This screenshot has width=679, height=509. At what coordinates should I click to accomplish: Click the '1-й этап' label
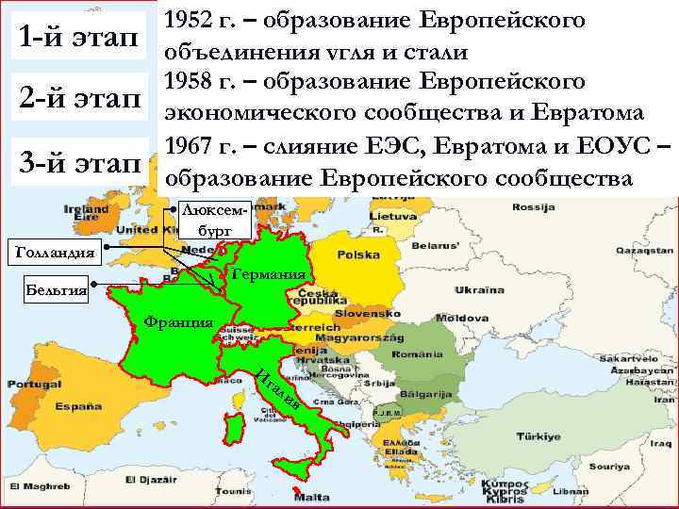(x=77, y=37)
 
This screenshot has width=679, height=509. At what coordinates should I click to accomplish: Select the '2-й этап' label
(x=77, y=97)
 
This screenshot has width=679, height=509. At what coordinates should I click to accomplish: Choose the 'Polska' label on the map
(x=358, y=255)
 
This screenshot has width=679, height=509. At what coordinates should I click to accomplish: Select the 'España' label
(x=79, y=406)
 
